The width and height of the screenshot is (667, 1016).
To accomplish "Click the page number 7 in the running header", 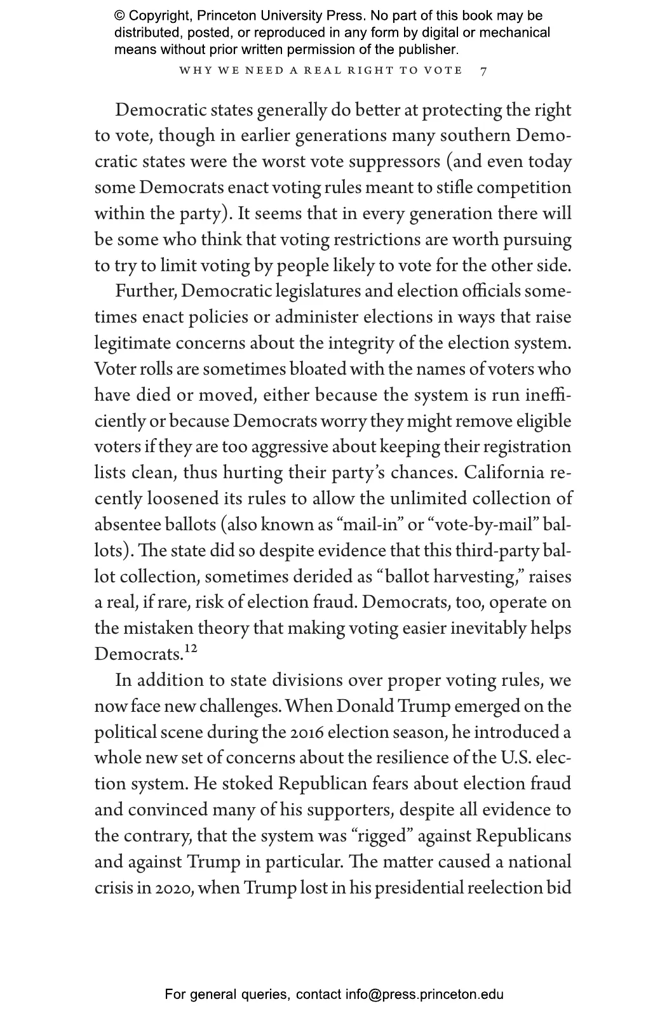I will (x=484, y=70).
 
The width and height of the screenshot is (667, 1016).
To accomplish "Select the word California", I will (x=504, y=473).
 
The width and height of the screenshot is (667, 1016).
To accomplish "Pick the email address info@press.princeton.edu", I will (x=424, y=995).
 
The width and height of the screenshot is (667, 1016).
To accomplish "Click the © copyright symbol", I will (x=119, y=16).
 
